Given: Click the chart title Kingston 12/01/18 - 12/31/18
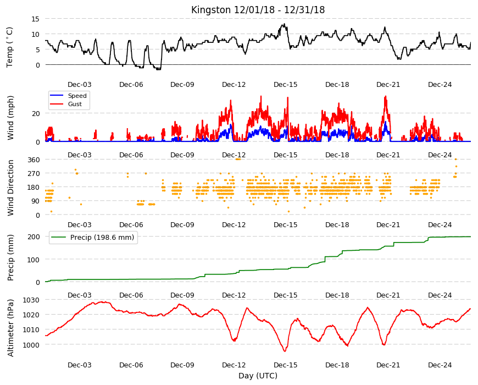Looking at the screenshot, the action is pos(258,10).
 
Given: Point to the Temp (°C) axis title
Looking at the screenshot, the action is pos(10,47).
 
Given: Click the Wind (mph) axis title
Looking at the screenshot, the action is pos(10,118).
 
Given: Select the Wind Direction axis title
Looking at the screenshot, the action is pos(10,188).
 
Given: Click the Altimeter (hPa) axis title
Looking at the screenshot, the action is pos(10,328).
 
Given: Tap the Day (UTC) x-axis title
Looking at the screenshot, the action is pos(258,376).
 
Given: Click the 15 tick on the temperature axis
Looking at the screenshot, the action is pos(35,19).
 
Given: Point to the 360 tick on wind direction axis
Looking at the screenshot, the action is pos(34,160).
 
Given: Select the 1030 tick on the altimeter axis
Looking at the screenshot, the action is pos(31,300).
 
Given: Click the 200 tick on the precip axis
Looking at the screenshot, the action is pos(34,237).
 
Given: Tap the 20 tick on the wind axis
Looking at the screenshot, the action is pos(36,113).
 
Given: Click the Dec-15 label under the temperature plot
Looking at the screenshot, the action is pos(285,85).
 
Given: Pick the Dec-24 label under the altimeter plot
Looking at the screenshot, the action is pos(440,365).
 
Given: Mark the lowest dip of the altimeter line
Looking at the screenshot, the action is pos(285,351).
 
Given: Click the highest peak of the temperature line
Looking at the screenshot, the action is pos(285,24).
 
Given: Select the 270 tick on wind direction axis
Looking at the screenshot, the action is pos(34,174).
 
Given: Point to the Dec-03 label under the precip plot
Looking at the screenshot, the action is pos(80,295).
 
